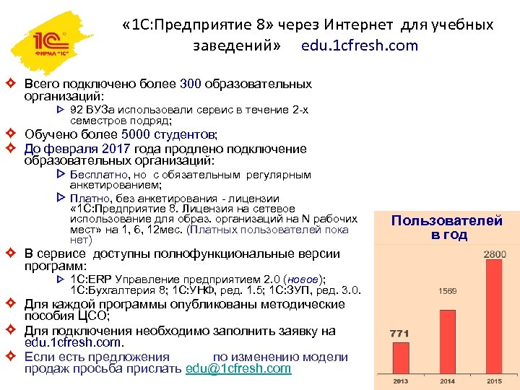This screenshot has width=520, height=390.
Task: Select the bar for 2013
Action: (399, 358)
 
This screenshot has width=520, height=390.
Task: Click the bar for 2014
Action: (446, 337)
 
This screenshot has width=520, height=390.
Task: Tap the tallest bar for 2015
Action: (494, 318)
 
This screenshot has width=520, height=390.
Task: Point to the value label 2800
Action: (494, 254)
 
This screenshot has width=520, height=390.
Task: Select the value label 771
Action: (400, 334)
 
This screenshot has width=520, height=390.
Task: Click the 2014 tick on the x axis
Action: (446, 380)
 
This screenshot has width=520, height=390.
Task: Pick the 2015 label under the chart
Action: (494, 380)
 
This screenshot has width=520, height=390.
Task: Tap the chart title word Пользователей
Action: (446, 221)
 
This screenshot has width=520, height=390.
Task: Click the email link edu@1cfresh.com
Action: (238, 369)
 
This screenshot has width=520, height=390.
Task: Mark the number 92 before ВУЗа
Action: (77, 110)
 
